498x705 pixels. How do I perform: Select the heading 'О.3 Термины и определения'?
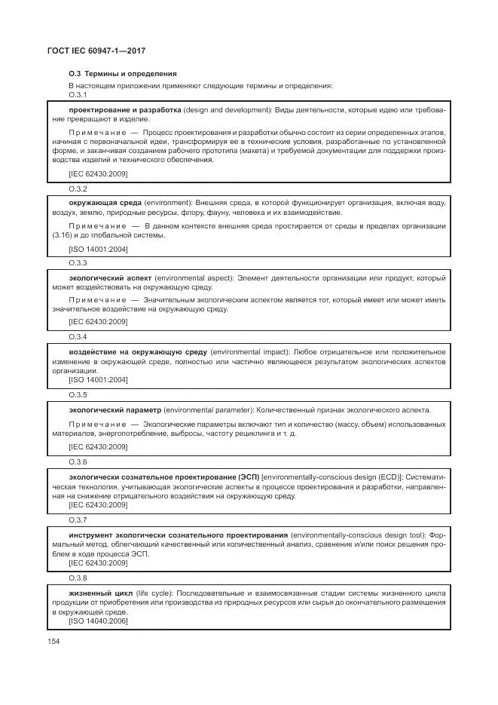pyautogui.click(x=122, y=74)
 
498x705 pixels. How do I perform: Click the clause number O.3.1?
pyautogui.click(x=78, y=95)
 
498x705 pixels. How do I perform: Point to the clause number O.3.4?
pyautogui.click(x=78, y=336)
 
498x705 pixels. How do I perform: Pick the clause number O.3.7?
pyautogui.click(x=78, y=520)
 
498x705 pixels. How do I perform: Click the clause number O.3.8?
pyautogui.click(x=78, y=578)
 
